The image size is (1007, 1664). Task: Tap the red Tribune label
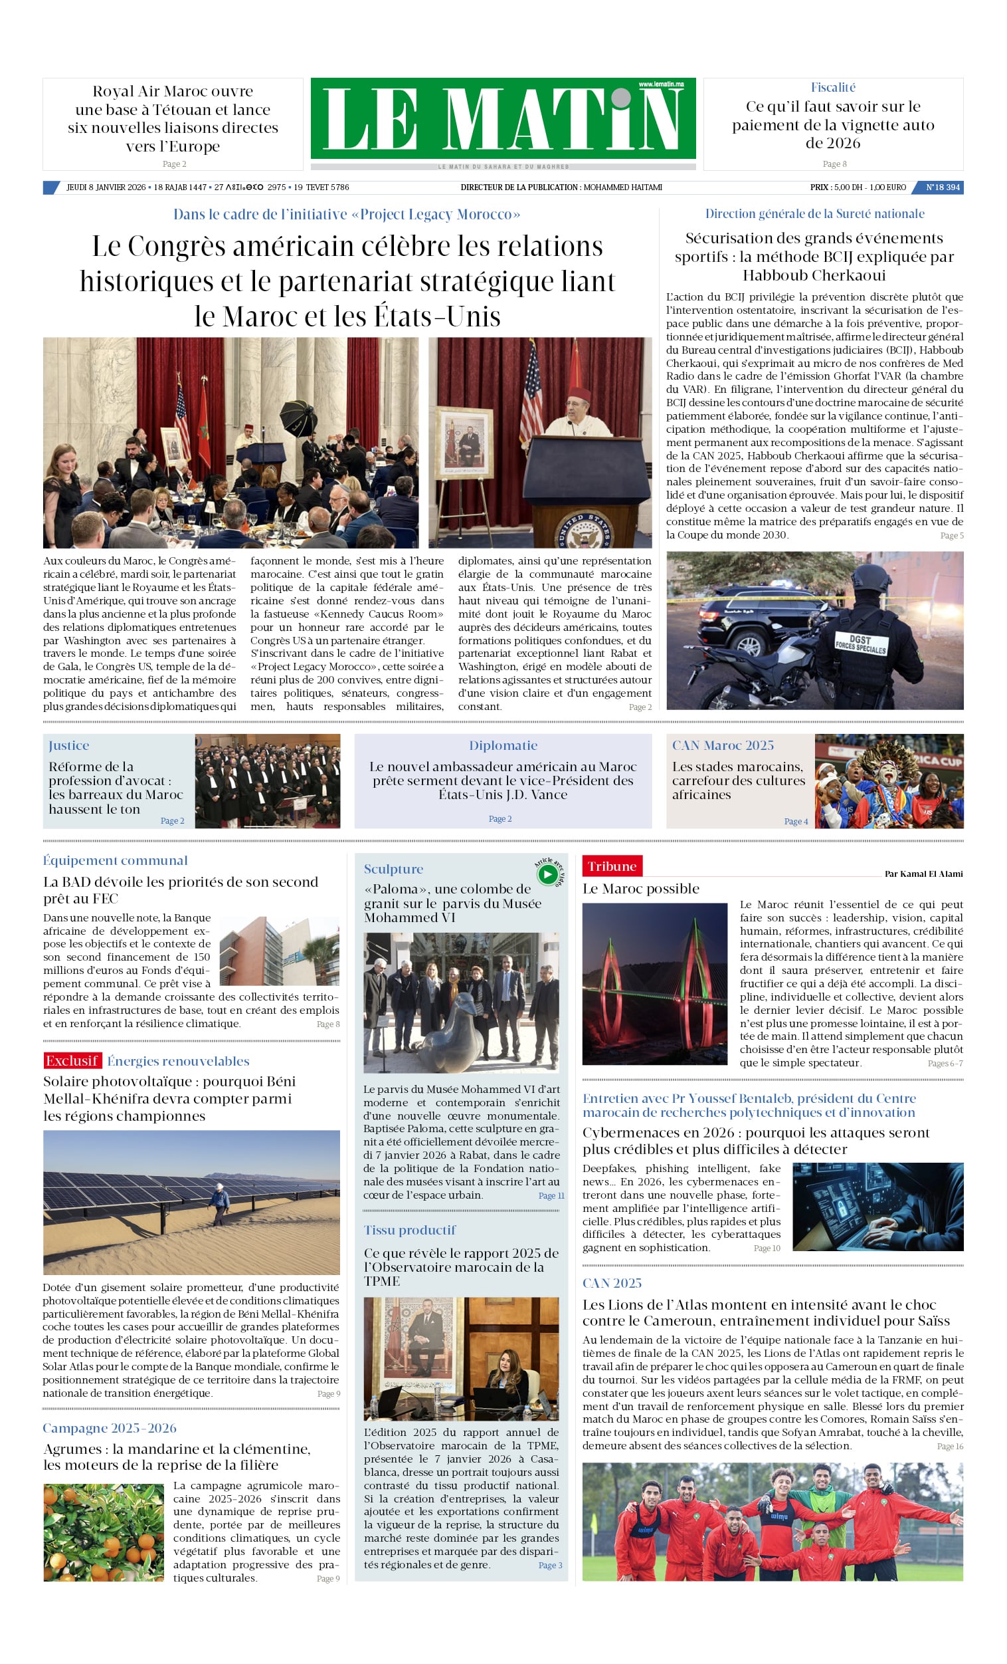point(612,866)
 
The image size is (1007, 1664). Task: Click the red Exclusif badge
point(72,1060)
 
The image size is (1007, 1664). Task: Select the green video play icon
point(547,874)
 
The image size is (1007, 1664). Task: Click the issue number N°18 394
point(942,187)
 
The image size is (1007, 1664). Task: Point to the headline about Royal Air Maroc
point(173,119)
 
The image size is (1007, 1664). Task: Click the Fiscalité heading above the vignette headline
point(833,87)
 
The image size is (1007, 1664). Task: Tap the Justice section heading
point(69,745)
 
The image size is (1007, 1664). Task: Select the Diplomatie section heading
point(503,745)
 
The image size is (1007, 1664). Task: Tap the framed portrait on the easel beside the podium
point(464,443)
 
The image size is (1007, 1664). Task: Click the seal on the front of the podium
point(580,530)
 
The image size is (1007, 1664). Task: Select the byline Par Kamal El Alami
point(923,874)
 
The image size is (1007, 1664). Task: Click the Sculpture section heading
point(393,869)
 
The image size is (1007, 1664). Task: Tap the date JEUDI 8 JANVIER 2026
point(106,187)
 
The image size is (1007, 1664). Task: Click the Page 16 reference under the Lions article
point(950,1446)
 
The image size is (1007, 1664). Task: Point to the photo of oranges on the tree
point(103,1532)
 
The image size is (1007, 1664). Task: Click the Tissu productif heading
point(410,1230)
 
